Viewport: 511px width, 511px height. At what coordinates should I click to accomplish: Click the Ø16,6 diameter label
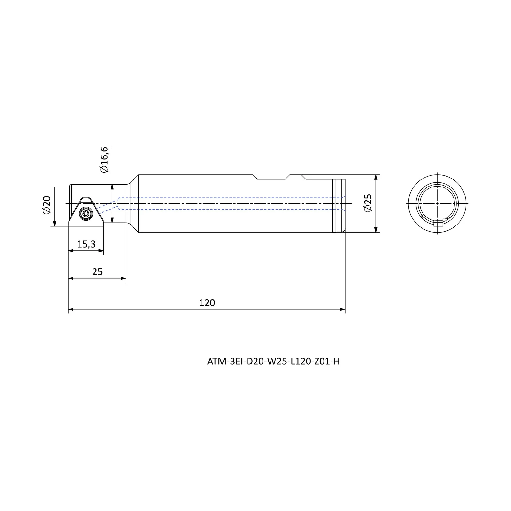(104, 160)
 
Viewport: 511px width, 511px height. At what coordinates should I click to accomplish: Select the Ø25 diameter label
(368, 203)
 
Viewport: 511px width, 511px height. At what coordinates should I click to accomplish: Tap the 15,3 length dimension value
(86, 244)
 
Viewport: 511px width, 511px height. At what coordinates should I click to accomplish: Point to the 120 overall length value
(207, 302)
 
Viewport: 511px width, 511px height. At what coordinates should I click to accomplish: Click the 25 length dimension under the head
(97, 272)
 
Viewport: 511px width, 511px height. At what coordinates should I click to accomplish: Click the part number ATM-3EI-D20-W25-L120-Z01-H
(273, 362)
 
